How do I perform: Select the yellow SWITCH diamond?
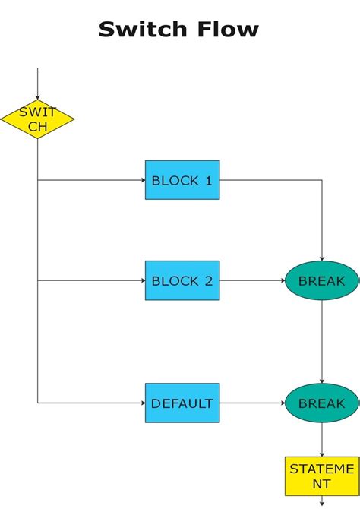37,120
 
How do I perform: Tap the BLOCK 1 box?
182,180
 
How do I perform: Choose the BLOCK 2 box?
182,280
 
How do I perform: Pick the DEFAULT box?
182,403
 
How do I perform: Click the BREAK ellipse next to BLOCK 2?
321,280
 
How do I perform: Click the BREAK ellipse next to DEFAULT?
321,403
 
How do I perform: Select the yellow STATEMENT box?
322,476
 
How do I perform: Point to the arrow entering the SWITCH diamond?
37,84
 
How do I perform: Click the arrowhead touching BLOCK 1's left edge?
142,180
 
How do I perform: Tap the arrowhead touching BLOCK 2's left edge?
142,280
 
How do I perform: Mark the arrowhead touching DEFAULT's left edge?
142,403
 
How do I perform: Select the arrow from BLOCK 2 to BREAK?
252,280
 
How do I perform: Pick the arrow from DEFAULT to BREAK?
252,403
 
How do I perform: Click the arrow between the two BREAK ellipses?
322,342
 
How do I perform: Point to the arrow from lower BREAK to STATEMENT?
322,439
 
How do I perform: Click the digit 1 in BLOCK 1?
208,181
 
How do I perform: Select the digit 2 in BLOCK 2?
208,281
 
